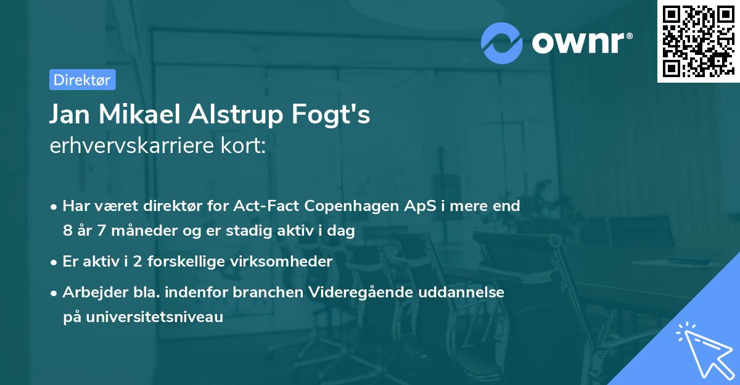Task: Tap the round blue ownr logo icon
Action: pyautogui.click(x=503, y=42)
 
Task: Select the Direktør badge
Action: pyautogui.click(x=82, y=80)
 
